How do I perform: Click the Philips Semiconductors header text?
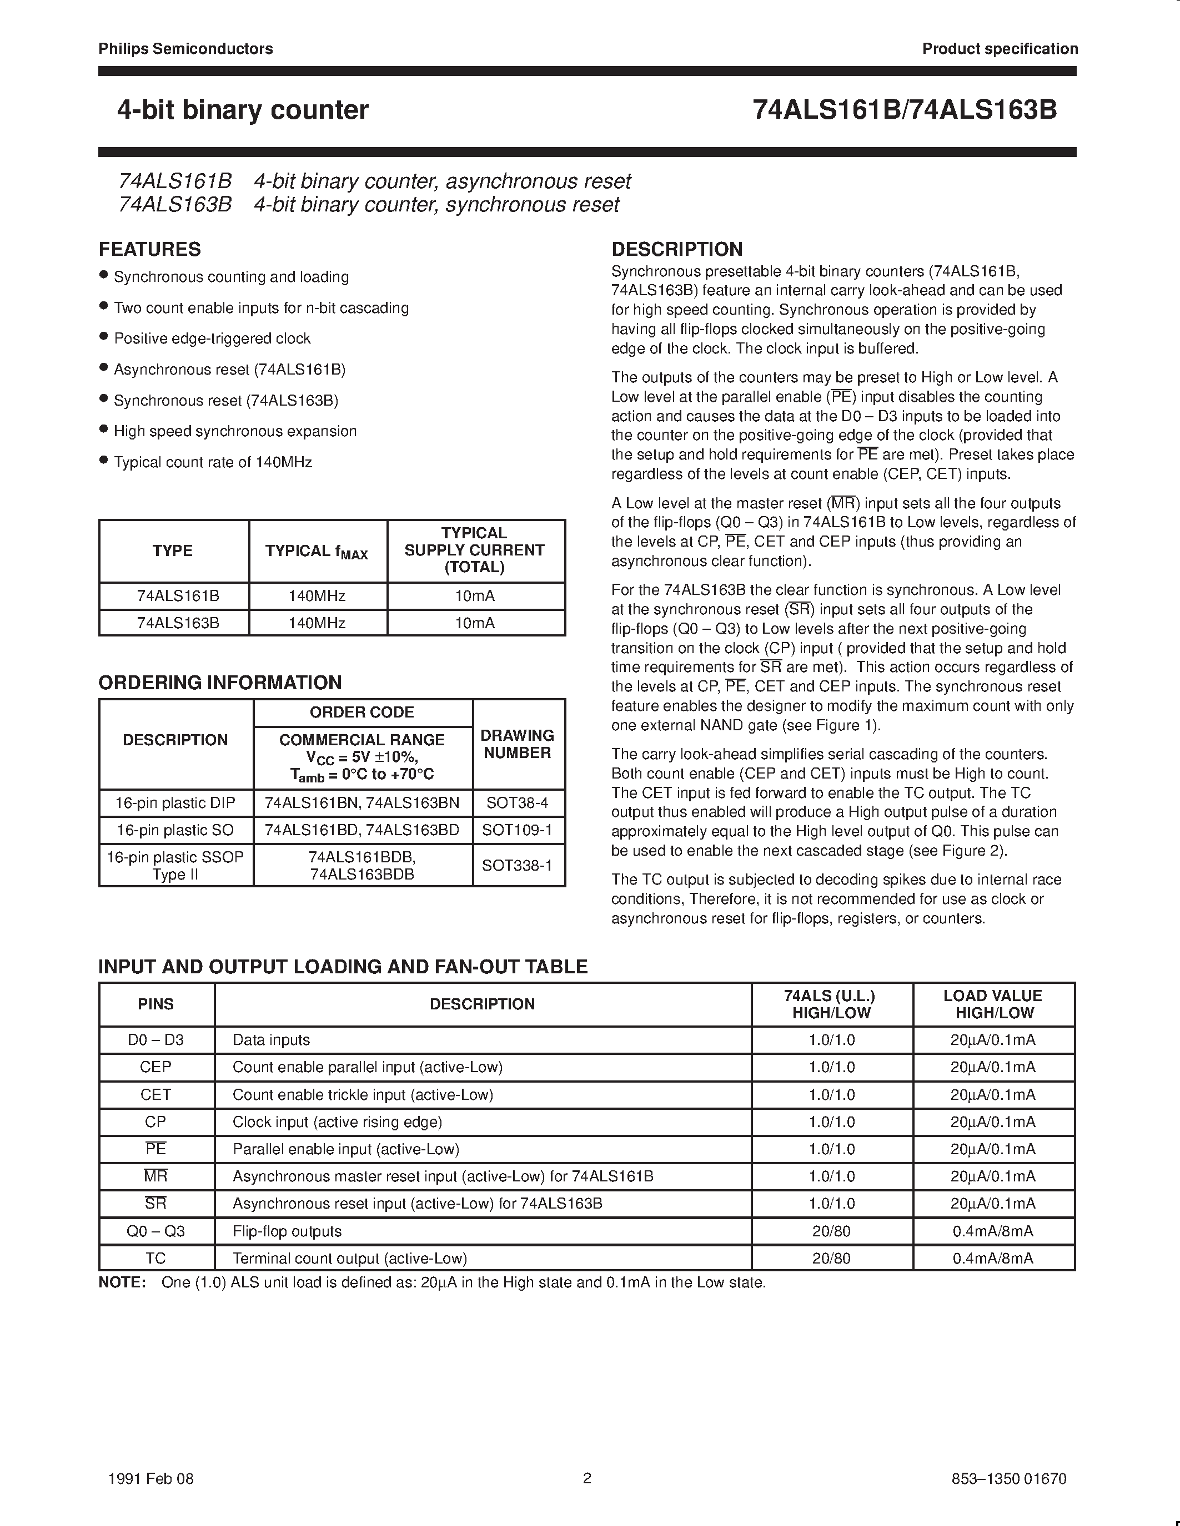click(x=185, y=49)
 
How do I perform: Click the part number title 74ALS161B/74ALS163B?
click(x=905, y=110)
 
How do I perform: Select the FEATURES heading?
click(x=149, y=250)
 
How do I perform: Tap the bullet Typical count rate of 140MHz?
click(x=213, y=462)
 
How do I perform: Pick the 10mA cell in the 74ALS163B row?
click(x=475, y=623)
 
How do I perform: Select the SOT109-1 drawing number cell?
click(x=518, y=830)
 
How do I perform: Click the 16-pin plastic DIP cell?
click(x=175, y=803)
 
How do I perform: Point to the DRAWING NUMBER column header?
click(x=518, y=744)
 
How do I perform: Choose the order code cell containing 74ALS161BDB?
click(x=361, y=865)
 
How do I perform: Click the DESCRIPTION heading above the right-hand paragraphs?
click(x=677, y=250)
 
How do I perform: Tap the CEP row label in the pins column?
click(x=155, y=1067)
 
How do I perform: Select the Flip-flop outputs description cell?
click(x=287, y=1231)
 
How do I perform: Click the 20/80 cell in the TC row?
click(x=831, y=1259)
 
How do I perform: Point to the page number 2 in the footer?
click(x=587, y=1478)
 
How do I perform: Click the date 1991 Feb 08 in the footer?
click(x=151, y=1478)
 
